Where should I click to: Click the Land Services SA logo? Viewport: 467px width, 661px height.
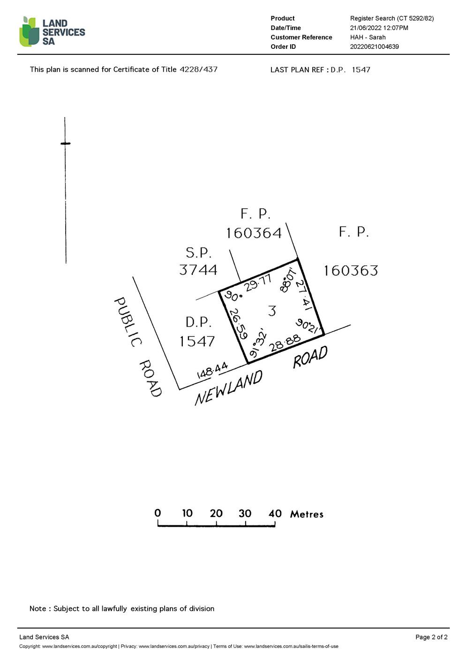tap(52, 32)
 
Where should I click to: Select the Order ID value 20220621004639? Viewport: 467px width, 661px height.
tap(374, 46)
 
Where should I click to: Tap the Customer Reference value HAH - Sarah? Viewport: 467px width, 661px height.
tap(368, 37)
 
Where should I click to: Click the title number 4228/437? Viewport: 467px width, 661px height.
tap(198, 69)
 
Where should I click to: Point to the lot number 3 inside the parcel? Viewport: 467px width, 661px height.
tap(272, 311)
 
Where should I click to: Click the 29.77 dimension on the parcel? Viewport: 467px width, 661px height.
tap(258, 283)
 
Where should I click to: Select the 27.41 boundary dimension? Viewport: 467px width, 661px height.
tap(304, 295)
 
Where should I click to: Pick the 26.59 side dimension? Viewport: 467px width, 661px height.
tap(238, 323)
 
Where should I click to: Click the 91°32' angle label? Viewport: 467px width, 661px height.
tap(258, 344)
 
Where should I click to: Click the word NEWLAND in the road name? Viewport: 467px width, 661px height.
tap(228, 388)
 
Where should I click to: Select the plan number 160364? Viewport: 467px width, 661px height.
tap(254, 233)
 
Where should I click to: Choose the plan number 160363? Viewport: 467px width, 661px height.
tap(351, 271)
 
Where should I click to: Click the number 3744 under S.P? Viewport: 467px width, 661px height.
tap(198, 270)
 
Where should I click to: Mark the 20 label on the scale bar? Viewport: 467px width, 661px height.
tap(216, 513)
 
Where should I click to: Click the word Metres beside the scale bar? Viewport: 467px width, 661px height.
tap(307, 514)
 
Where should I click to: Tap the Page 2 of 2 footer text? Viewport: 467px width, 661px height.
tap(431, 637)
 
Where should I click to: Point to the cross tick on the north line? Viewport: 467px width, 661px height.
tap(66, 143)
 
